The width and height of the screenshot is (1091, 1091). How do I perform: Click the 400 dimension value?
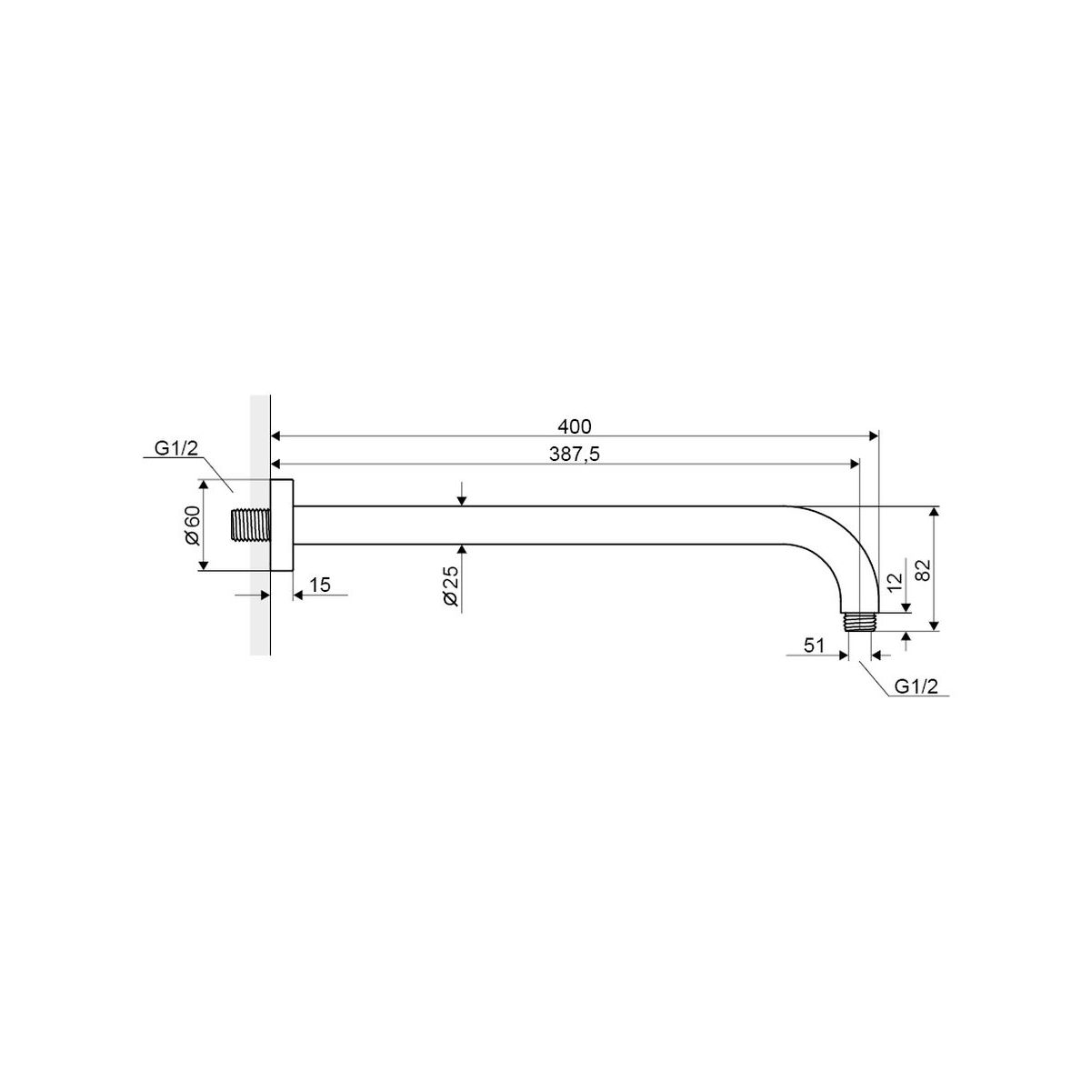574,426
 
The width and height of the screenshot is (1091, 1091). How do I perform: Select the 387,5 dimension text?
574,454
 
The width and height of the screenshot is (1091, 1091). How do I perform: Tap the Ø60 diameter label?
193,525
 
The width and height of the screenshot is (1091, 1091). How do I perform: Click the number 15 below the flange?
320,585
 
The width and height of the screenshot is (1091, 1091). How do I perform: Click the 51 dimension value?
814,646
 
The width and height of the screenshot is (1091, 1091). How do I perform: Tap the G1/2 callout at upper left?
176,448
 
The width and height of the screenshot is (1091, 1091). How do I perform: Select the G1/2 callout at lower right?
916,686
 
